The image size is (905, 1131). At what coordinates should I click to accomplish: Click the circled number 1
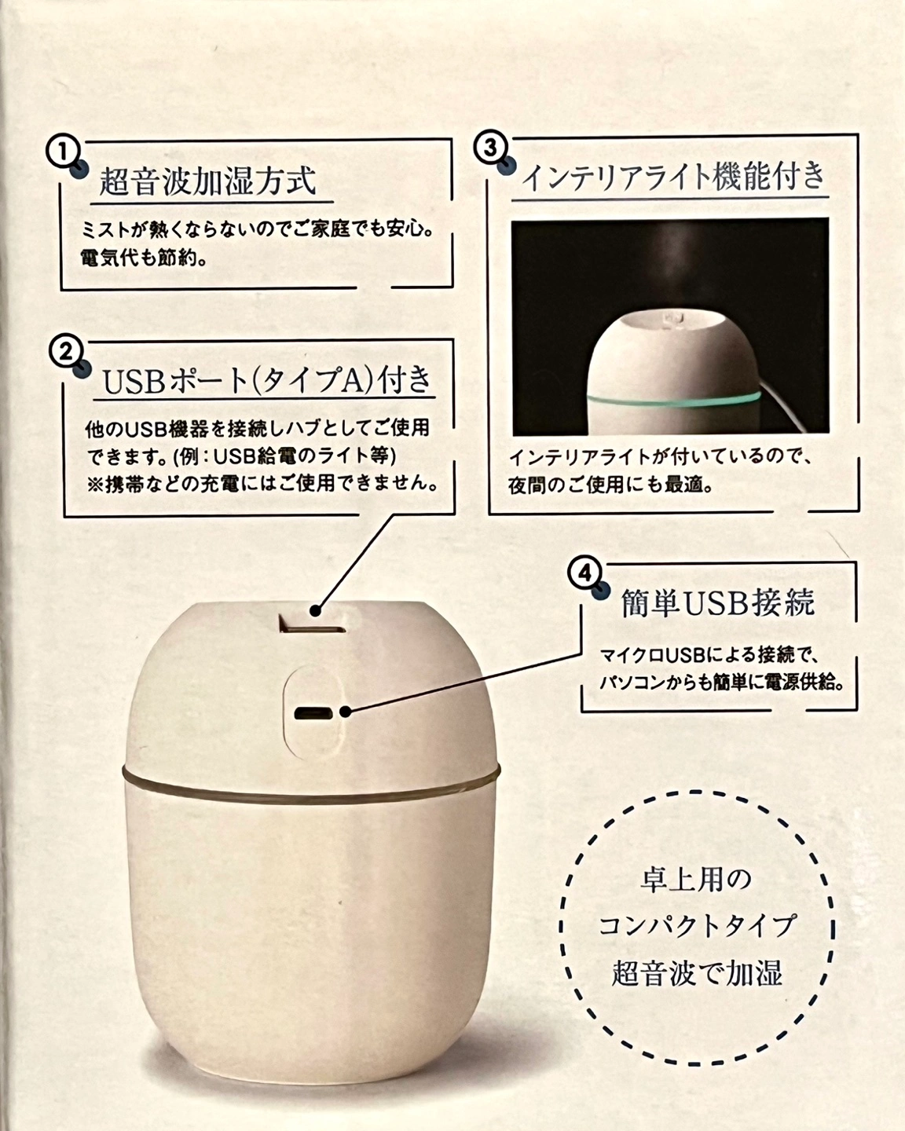tap(63, 152)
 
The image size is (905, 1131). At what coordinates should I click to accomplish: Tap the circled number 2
tap(65, 352)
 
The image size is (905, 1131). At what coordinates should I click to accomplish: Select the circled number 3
tap(491, 148)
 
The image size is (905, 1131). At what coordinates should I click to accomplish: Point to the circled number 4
tap(584, 573)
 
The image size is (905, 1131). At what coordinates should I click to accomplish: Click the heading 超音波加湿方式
tap(207, 181)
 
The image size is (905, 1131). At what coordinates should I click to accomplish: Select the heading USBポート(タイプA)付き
tap(266, 380)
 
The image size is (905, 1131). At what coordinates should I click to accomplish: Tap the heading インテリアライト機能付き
tap(673, 178)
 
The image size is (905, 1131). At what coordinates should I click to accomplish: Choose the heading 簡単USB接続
tap(718, 602)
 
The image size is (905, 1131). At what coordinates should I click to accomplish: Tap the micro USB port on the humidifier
tap(313, 713)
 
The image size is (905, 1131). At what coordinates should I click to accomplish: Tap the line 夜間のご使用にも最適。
tap(610, 485)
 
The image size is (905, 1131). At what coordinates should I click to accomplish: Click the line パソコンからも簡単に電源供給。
tap(722, 683)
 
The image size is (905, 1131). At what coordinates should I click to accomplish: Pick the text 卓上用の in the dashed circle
tap(696, 880)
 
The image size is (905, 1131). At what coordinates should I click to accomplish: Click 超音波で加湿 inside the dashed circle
tap(697, 973)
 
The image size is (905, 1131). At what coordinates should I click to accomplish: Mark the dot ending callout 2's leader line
tap(315, 611)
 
